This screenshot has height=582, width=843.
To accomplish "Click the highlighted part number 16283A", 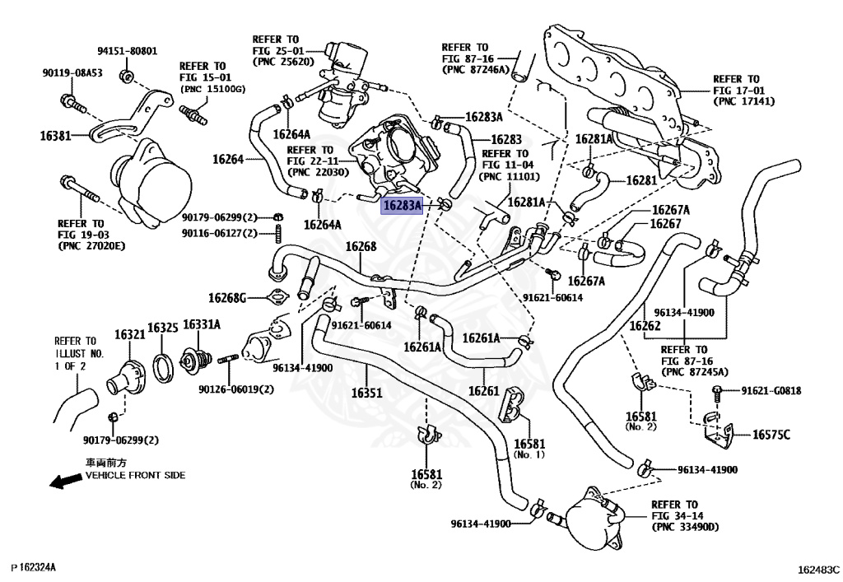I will (x=401, y=205).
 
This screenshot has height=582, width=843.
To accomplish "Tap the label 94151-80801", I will (x=127, y=50).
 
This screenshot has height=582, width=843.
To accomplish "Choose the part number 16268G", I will (x=227, y=297).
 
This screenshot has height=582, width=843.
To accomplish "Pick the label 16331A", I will (x=202, y=325).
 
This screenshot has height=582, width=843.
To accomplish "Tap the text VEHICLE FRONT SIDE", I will (x=136, y=475).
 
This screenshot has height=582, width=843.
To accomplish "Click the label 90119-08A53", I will (x=72, y=72).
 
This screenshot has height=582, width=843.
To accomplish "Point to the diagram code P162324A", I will (x=34, y=568).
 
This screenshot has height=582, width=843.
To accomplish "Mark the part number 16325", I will (x=163, y=328).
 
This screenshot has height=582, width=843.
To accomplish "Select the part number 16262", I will (x=645, y=326).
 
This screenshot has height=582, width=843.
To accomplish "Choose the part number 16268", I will (x=361, y=246).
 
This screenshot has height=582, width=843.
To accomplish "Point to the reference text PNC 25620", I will (x=281, y=62).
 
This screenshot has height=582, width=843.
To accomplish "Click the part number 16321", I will (x=129, y=335).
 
